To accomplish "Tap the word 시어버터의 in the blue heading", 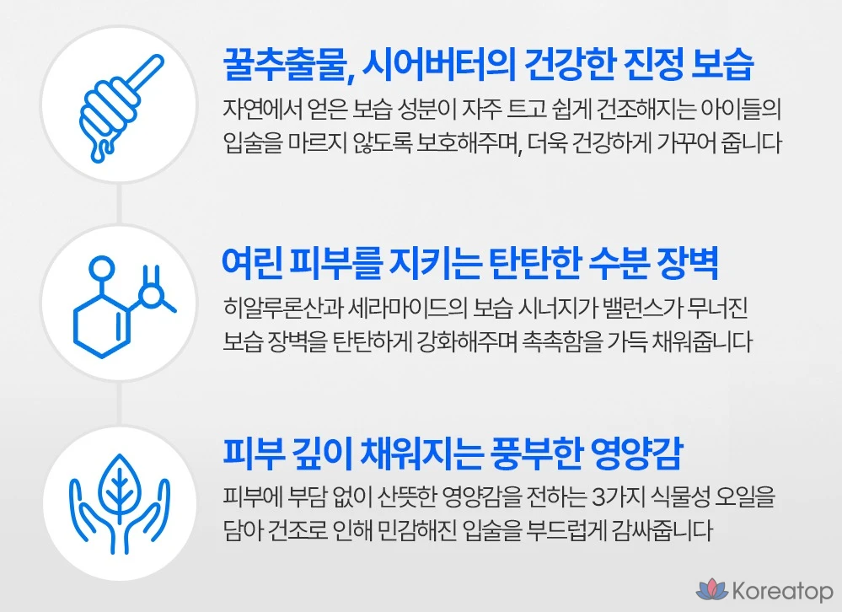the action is pos(439,66).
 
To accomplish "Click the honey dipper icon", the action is pos(119,106).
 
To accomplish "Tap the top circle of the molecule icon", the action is pos(101,267).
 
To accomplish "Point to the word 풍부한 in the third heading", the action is pos(535,454).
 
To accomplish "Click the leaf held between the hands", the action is pos(119,486).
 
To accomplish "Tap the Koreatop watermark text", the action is pos(782,591).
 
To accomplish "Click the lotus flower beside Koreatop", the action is pos(712,590).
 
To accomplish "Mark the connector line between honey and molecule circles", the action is pos(119,204).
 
